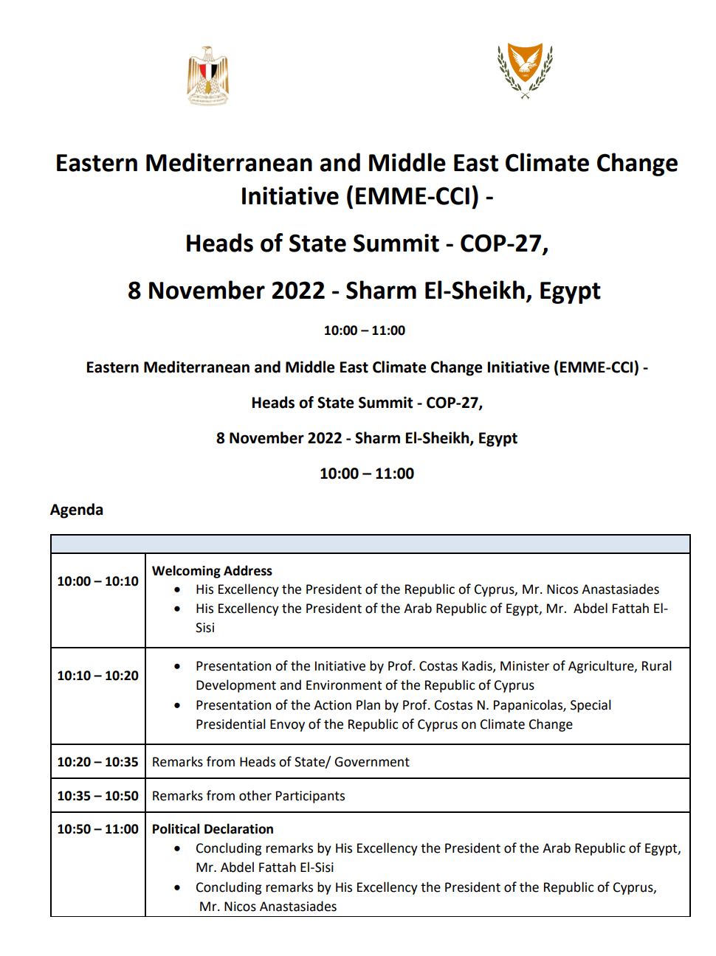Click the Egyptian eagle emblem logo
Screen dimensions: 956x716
207,76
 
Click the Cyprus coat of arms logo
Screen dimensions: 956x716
525,70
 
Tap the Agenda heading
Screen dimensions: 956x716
77,510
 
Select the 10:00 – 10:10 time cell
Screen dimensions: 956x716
97,581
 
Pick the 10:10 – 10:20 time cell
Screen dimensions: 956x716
97,676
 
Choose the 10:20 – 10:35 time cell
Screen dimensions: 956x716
97,762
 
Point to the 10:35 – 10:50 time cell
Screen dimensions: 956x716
97,796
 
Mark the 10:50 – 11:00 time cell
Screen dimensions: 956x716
97,829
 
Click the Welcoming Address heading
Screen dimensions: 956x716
212,571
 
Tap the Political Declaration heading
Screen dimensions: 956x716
213,829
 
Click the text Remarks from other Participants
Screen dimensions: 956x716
248,796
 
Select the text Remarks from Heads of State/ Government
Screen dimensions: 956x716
280,762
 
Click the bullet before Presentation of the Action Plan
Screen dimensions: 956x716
177,705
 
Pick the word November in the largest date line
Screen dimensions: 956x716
236,291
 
